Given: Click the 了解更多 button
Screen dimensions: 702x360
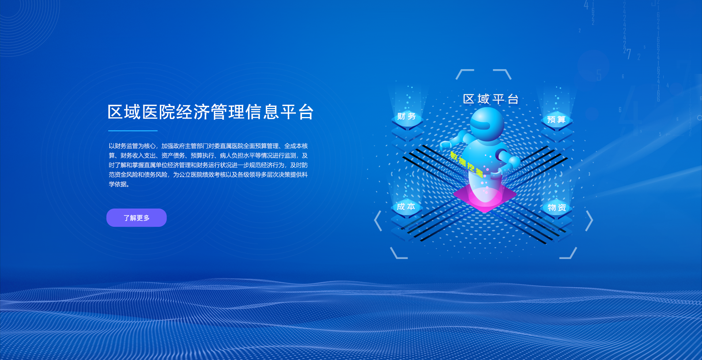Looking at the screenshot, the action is tap(136, 218).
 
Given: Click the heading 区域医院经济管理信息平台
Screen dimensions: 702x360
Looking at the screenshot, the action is tap(211, 112).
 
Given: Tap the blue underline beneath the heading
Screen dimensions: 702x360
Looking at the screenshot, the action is tap(133, 131).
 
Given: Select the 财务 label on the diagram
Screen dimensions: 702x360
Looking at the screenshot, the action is tap(407, 116).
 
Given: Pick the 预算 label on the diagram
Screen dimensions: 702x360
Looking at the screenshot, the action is tap(556, 120).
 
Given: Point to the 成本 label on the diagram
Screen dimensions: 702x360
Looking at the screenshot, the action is tap(406, 207).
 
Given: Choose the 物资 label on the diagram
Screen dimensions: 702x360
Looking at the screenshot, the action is tap(557, 208).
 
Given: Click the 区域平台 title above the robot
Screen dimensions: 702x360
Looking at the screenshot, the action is tap(491, 99).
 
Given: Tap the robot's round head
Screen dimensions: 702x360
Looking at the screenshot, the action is tap(487, 124).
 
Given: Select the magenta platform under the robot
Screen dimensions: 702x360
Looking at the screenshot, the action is tap(485, 198).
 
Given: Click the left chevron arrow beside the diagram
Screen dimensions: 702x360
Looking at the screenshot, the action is tap(378, 221).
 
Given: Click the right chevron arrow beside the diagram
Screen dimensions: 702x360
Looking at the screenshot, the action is tap(589, 221).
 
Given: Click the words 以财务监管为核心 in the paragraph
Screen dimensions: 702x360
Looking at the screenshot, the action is tap(132, 146).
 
